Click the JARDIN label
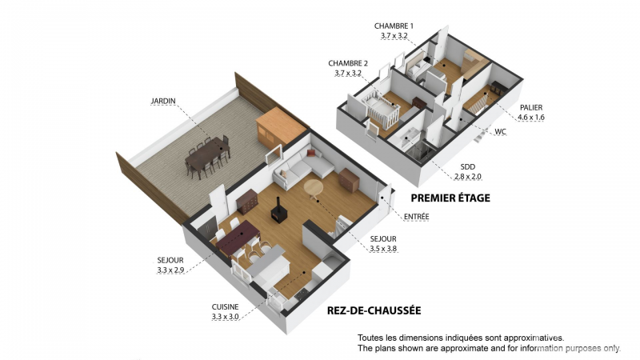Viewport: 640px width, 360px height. [x=163, y=101]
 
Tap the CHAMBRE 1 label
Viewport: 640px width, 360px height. [x=394, y=26]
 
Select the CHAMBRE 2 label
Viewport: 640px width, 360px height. [x=348, y=63]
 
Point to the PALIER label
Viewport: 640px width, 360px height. [x=531, y=107]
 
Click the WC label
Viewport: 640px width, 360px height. [x=501, y=131]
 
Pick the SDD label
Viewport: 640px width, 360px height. [x=468, y=166]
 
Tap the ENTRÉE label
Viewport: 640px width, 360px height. [x=416, y=216]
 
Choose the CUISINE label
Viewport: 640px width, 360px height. [x=225, y=307]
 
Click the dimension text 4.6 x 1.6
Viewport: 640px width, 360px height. [x=531, y=118]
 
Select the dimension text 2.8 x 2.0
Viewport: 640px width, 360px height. [x=468, y=177]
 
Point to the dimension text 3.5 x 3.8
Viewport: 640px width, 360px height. [x=383, y=249]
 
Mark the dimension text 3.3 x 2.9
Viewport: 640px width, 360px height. [x=170, y=270]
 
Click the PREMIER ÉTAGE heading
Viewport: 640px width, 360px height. [x=450, y=198]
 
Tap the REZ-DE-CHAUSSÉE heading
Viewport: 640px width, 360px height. [x=374, y=310]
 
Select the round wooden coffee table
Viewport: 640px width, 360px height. [x=314, y=189]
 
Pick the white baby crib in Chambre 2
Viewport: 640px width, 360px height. [x=382, y=110]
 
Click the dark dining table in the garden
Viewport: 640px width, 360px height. [x=208, y=155]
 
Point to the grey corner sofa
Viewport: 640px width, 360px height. [x=302, y=167]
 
